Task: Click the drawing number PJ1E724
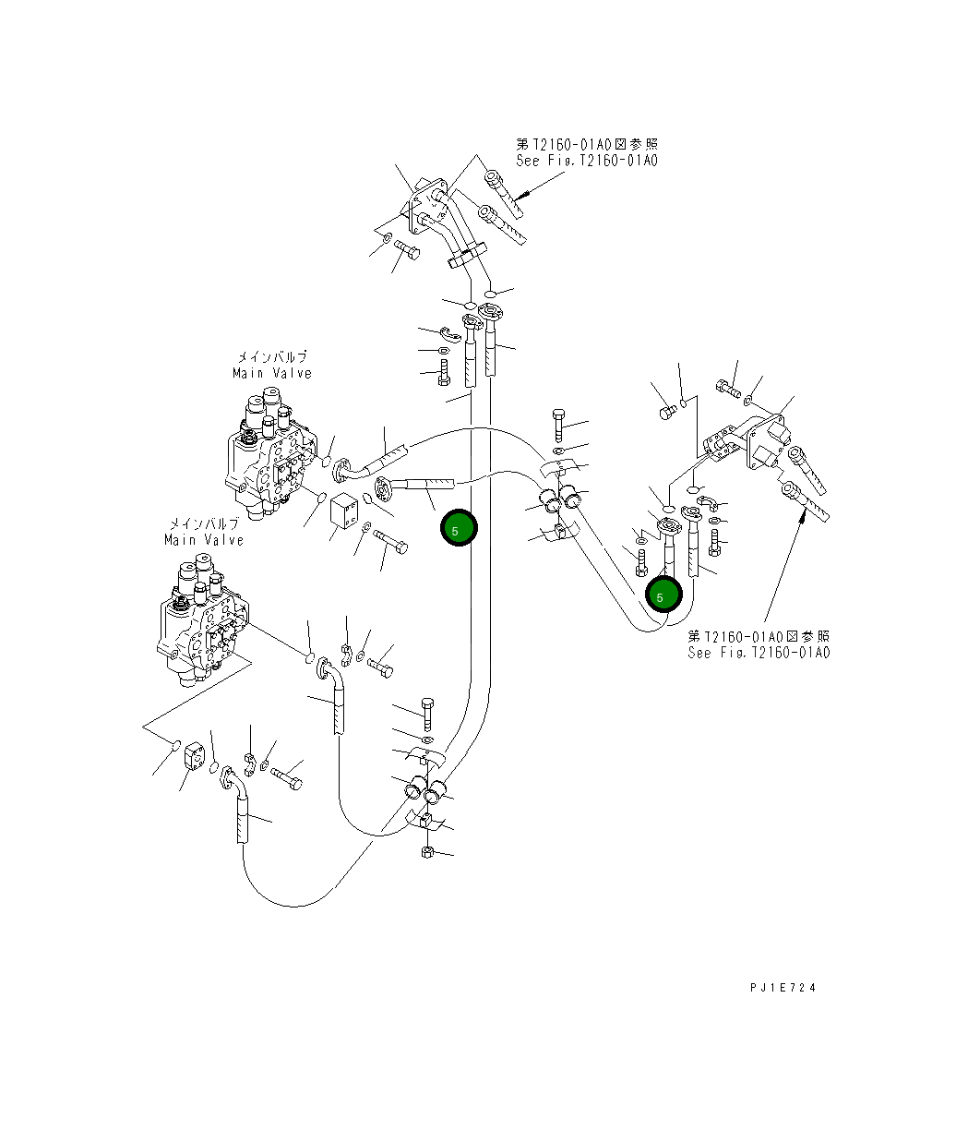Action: click(783, 988)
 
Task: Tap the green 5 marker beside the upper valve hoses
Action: click(459, 529)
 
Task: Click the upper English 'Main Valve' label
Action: click(272, 373)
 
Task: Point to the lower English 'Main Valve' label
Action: click(204, 539)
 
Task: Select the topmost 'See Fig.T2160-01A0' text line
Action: click(587, 161)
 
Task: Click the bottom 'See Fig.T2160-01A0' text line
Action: click(759, 652)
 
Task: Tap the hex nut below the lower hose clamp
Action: click(427, 851)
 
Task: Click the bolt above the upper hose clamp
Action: click(558, 426)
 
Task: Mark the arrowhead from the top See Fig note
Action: click(520, 196)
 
